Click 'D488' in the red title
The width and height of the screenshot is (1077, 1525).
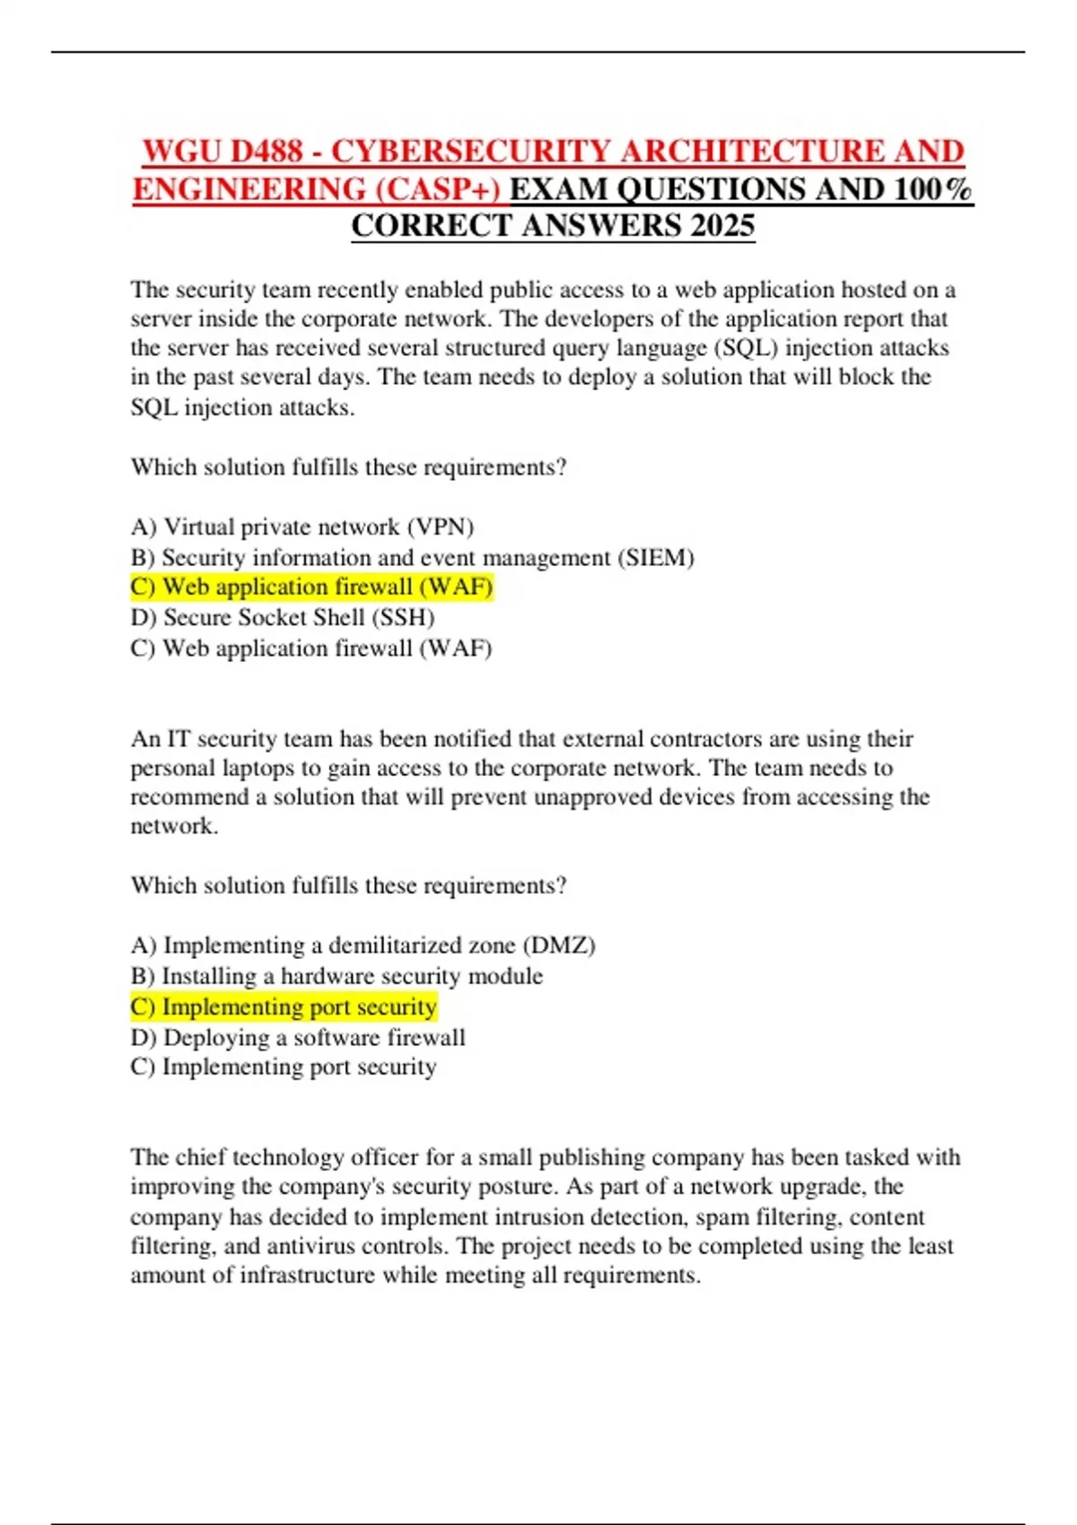tap(267, 151)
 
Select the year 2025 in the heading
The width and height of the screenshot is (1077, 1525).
tap(722, 225)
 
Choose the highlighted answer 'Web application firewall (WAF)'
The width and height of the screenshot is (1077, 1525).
tap(311, 587)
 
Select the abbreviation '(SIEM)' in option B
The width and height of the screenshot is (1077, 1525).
tap(655, 557)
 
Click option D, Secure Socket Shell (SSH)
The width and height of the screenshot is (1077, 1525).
tap(282, 617)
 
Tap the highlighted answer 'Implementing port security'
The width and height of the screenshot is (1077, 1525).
tap(284, 1006)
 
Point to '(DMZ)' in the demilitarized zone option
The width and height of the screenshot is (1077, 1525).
tap(559, 945)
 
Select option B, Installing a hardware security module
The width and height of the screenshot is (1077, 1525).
tap(337, 975)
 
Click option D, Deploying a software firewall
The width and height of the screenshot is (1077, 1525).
tap(298, 1037)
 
